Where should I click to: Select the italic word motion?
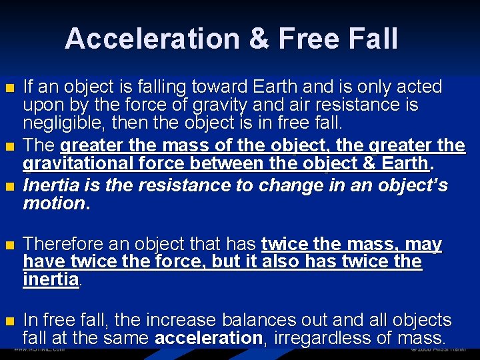[53, 203]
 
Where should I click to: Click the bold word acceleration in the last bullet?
[209, 338]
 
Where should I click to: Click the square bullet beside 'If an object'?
[9, 88]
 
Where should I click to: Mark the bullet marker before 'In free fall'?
[9, 321]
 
